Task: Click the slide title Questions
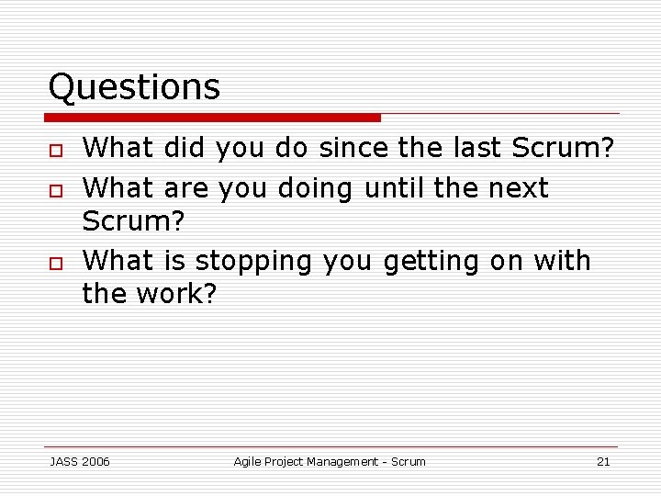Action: tap(134, 87)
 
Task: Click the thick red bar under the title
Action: tap(213, 118)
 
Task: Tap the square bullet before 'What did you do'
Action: tap(56, 150)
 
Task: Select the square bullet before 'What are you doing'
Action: tap(56, 190)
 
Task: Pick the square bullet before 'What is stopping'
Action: tap(56, 263)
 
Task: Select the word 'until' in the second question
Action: tap(395, 188)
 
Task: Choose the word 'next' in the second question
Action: tap(518, 188)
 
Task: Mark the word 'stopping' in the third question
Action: tap(253, 262)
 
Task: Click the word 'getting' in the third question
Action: tap(431, 262)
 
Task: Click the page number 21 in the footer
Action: tap(603, 462)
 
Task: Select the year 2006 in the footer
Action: tap(95, 462)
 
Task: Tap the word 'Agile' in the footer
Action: tap(248, 462)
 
